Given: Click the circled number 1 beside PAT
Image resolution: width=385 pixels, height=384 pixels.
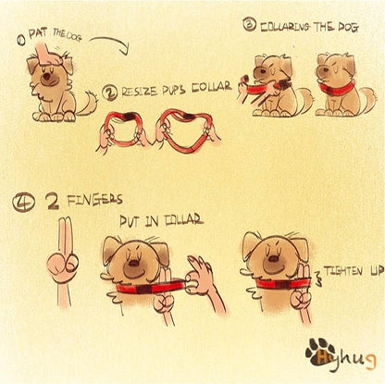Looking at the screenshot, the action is [22, 41].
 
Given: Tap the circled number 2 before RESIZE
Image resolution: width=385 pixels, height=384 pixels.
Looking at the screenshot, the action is [109, 93].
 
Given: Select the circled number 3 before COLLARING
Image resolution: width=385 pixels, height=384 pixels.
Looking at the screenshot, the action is [249, 24].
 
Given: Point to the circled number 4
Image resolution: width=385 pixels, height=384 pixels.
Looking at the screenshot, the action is [23, 202].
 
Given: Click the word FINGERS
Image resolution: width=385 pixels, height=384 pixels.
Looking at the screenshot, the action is [95, 201].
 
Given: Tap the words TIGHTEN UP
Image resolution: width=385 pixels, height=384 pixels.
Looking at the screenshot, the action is [354, 271].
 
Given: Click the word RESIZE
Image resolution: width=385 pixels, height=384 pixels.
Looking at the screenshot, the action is [141, 91].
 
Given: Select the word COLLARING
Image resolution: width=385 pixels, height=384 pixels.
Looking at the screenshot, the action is [285, 27].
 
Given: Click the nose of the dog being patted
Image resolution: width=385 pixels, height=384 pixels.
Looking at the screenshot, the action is [47, 77].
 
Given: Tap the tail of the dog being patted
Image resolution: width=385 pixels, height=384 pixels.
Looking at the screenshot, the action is [87, 103].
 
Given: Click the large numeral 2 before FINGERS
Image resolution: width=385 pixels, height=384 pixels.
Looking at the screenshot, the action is [53, 201].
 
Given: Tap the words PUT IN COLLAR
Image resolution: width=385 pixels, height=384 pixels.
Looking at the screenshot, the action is [161, 220].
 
